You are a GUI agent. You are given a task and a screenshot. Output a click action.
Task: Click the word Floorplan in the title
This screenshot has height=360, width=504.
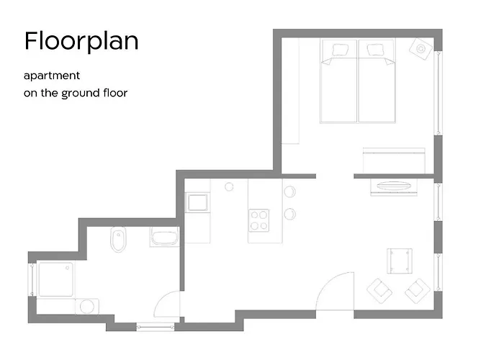81,41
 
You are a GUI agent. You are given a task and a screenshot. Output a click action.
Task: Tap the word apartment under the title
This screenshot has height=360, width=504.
52,76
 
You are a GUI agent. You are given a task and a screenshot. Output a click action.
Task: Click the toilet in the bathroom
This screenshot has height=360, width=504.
118,240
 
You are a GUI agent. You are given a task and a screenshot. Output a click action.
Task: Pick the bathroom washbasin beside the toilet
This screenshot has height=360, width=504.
165,237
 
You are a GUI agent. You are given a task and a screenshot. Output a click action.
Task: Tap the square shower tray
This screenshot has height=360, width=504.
56,279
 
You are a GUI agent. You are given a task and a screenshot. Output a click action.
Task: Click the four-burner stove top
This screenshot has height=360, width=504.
259,220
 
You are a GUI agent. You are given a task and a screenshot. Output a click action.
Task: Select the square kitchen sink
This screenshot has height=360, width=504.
198,202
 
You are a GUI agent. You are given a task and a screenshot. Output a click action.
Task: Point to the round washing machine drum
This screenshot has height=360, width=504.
87,307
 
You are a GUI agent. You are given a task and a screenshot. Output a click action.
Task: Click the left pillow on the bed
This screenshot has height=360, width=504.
341,50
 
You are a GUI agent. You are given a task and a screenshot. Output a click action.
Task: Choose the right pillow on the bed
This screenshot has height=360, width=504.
375,50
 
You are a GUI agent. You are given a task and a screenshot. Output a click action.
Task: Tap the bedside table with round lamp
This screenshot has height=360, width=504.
420,49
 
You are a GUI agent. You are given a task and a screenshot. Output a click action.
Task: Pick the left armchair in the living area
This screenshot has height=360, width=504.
379,291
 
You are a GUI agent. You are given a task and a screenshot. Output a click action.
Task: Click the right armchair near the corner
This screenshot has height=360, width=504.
418,291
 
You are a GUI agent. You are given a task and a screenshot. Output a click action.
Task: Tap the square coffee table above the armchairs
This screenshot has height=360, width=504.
400,261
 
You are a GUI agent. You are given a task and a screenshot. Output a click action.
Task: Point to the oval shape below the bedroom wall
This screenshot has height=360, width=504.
394,186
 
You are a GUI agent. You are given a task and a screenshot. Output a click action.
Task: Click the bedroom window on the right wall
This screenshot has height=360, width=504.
438,93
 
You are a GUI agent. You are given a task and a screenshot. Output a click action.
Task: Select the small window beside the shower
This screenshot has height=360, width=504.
32,279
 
